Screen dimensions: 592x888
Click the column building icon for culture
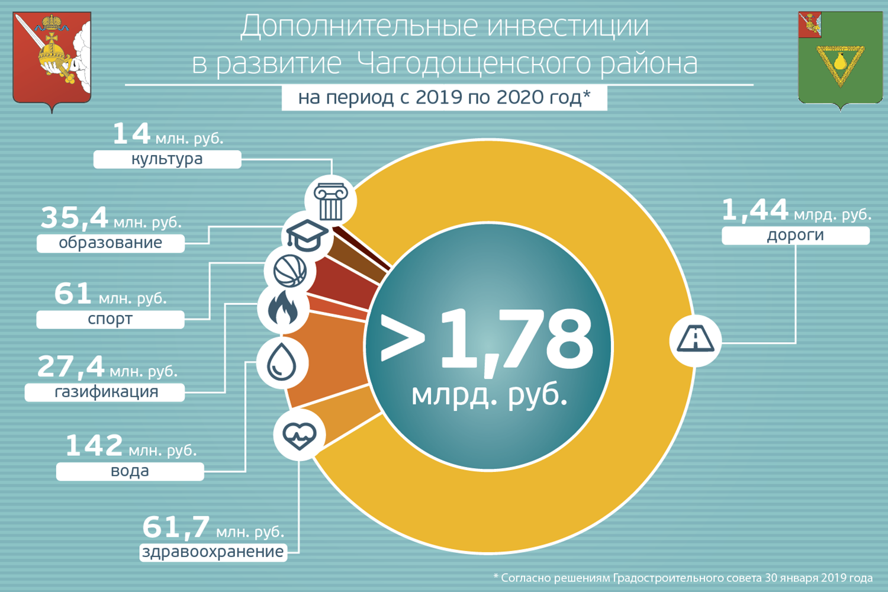point(330,201)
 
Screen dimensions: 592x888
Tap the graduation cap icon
point(306,236)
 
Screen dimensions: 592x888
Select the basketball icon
point(290,271)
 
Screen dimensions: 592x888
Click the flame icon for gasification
point(283,308)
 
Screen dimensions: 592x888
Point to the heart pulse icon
point(300,435)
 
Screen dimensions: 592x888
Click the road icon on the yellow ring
point(696,340)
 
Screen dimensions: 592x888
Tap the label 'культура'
point(167,159)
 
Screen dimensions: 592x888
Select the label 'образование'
point(111,243)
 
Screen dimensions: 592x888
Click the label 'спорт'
point(110,320)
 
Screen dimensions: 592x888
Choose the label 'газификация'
point(106,392)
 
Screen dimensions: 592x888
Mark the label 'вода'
point(130,471)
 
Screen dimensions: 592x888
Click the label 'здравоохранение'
point(213,552)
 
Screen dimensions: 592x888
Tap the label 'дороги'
point(795,235)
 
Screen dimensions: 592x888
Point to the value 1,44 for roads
point(755,210)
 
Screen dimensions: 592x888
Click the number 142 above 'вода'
point(94,445)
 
